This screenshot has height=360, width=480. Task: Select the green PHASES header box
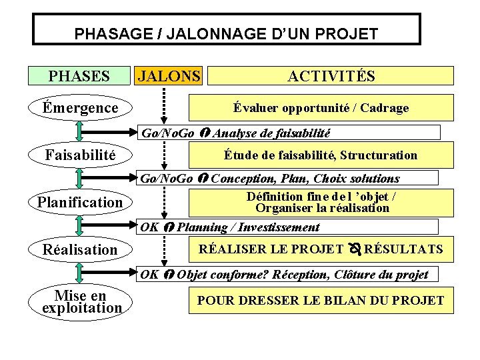[x=79, y=75]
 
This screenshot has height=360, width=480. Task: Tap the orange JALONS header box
[x=168, y=75]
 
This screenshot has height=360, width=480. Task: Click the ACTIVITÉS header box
[x=331, y=75]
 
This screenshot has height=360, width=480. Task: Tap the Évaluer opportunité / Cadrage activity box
[x=321, y=107]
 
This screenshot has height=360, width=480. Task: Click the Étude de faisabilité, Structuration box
[x=321, y=155]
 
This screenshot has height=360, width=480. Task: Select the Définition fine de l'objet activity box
[x=321, y=202]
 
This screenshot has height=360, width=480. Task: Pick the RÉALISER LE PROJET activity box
[x=321, y=249]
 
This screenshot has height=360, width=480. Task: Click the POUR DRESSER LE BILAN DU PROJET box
[x=321, y=301]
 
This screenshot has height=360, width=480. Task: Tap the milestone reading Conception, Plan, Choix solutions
[x=288, y=178]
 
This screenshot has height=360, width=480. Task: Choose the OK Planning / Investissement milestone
[x=288, y=227]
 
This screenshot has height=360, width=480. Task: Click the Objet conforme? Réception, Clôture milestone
[x=288, y=274]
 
